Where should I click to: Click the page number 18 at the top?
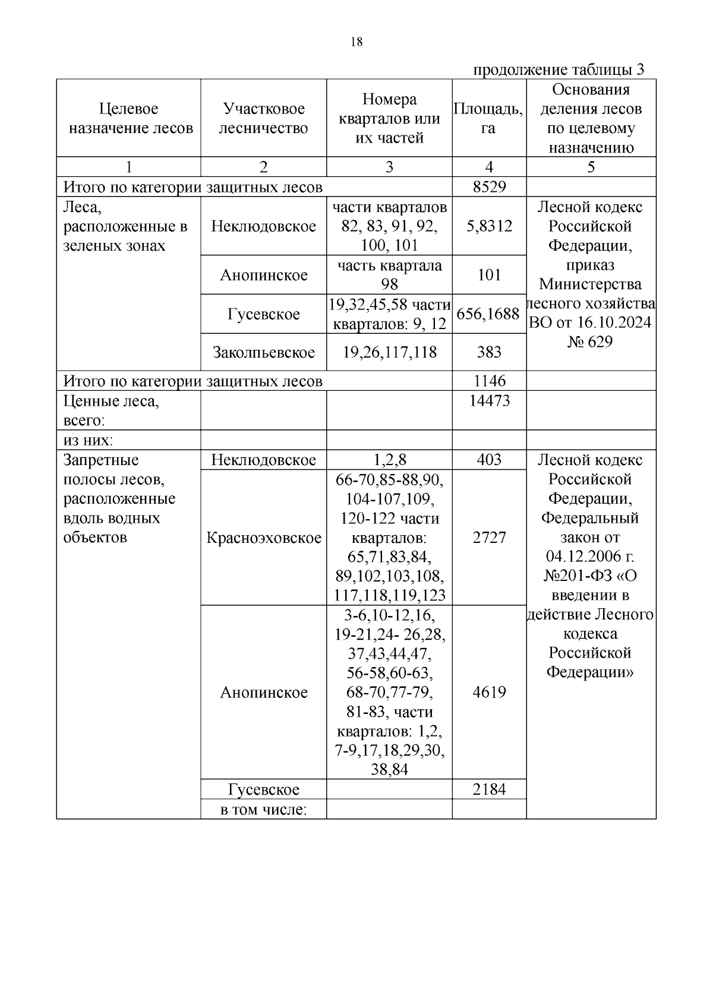pyautogui.click(x=356, y=42)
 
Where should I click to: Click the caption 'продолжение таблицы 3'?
pyautogui.click(x=559, y=70)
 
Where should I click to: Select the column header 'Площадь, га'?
pyautogui.click(x=488, y=118)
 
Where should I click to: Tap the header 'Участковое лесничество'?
pyautogui.click(x=263, y=118)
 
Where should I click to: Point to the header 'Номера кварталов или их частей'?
pyautogui.click(x=389, y=118)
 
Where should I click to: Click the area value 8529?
pyautogui.click(x=489, y=187)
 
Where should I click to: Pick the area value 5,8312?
pyautogui.click(x=489, y=226)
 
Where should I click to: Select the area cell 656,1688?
pyautogui.click(x=488, y=314)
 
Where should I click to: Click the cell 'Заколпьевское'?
pyautogui.click(x=263, y=352)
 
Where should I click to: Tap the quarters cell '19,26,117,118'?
pyautogui.click(x=389, y=352)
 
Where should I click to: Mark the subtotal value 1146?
pyautogui.click(x=489, y=381)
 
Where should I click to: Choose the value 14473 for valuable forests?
pyautogui.click(x=489, y=401)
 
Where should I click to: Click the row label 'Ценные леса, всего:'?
pyautogui.click(x=111, y=410)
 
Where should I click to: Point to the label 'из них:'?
pyautogui.click(x=89, y=440)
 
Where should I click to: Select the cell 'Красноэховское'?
pyautogui.click(x=263, y=538)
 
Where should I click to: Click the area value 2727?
pyautogui.click(x=489, y=538)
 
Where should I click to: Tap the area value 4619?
pyautogui.click(x=489, y=692)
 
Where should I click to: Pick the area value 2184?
pyautogui.click(x=489, y=789)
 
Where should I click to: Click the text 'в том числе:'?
pyautogui.click(x=263, y=809)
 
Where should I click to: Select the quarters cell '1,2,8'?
pyautogui.click(x=389, y=460)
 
